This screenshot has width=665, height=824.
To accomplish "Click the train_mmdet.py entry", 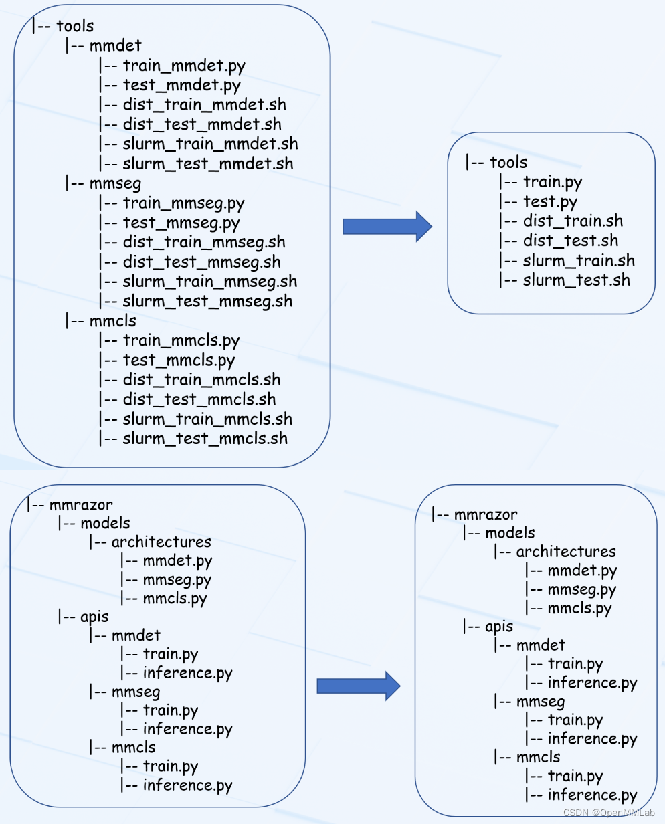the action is tap(184, 66).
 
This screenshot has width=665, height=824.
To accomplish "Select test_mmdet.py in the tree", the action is tap(181, 86).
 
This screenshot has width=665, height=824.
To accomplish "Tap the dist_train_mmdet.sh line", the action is tap(205, 105).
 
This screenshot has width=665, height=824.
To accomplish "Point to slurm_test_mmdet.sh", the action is tap(208, 164).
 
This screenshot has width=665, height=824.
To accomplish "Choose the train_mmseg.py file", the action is tap(183, 203).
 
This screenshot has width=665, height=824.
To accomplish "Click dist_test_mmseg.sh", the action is tap(202, 262).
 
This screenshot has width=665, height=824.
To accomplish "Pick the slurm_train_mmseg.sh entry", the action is tap(210, 282).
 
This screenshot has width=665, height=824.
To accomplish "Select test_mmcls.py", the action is tap(179, 360).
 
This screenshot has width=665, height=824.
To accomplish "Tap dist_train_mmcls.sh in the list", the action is tap(202, 380).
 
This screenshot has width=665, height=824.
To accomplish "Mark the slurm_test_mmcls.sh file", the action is tap(205, 439).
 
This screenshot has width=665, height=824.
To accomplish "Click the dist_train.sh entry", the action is tap(573, 221).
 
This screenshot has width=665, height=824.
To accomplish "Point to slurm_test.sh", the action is tap(577, 280).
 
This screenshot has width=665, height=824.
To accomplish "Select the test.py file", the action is tap(550, 202).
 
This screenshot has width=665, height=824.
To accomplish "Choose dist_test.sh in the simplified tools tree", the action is tap(571, 241).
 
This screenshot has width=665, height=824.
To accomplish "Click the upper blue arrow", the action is tap(387, 227).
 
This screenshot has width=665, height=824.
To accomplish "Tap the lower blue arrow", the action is tap(359, 686).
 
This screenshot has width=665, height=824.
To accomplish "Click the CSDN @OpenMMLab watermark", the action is tap(609, 813).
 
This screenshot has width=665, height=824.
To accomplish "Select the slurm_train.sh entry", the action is tap(579, 261).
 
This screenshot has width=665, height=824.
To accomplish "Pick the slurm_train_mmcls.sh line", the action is tap(207, 419).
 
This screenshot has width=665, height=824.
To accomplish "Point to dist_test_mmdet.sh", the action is tap(202, 124).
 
